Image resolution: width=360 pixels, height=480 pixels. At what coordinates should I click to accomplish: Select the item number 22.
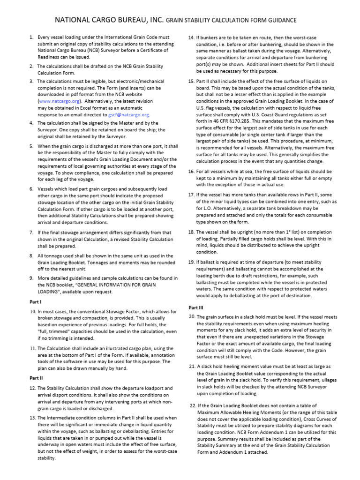click(x=193, y=405)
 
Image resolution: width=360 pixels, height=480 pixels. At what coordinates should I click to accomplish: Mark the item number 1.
click(x=31, y=37)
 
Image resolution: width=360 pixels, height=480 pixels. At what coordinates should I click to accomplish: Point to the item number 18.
click(x=191, y=232)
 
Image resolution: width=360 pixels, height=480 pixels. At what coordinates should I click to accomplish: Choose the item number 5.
click(x=31, y=146)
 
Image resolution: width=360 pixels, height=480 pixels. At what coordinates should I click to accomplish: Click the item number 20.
click(x=192, y=316)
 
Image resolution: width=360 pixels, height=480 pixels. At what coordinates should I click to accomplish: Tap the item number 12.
click(x=32, y=388)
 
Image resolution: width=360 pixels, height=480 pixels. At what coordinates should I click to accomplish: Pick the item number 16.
click(x=191, y=172)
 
